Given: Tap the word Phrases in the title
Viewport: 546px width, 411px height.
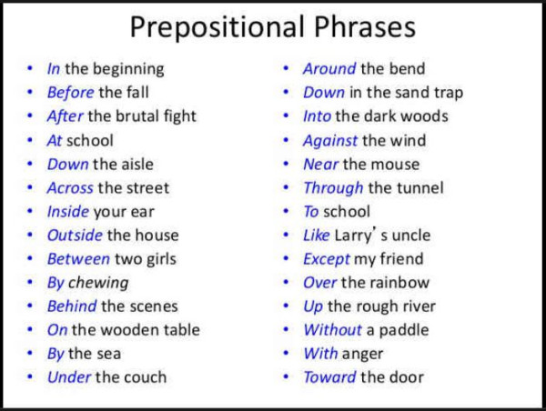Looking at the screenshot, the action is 365,26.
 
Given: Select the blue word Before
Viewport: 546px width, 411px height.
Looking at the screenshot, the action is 70,92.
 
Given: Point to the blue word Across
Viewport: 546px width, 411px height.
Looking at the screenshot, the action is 70,188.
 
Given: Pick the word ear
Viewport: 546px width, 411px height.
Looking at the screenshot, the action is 142,212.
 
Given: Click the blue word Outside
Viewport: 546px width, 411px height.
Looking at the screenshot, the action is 75,236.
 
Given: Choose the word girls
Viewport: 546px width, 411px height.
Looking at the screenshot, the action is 161,260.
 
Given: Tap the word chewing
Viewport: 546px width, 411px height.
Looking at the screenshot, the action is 98,284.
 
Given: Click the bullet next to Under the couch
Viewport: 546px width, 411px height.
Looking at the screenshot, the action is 30,376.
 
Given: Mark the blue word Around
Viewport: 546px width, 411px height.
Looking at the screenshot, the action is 329,68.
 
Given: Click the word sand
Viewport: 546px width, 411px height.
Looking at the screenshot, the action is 408,93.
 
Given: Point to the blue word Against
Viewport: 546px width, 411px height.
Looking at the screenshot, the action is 330,141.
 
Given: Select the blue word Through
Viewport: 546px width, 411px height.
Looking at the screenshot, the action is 333,188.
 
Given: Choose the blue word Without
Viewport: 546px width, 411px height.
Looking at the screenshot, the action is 332,330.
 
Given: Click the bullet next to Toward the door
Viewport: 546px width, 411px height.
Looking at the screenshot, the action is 286,376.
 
